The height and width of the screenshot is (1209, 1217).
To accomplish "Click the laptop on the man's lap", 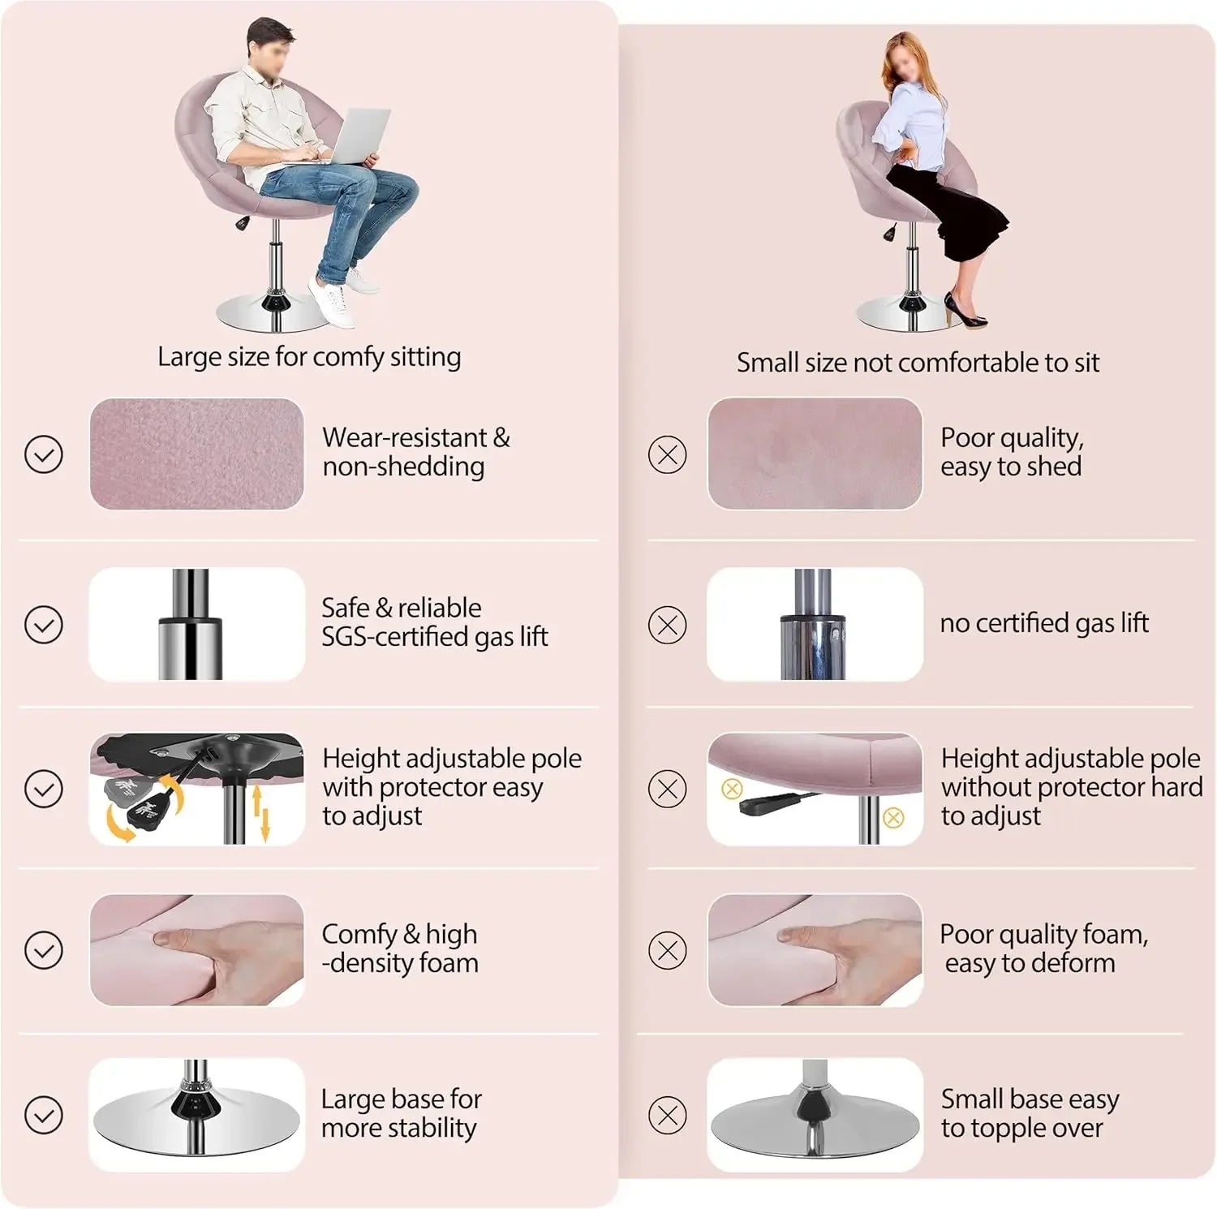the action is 349,138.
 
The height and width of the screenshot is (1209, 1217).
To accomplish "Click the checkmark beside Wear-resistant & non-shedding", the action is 44,454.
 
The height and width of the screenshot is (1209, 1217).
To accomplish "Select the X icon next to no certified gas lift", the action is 668,625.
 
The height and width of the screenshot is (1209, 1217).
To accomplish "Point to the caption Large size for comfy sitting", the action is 309,357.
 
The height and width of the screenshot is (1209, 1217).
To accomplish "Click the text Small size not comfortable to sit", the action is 918,363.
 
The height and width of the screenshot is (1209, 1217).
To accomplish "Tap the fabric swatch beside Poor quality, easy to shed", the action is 815,454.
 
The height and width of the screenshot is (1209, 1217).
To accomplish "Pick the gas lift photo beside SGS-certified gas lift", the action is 197,624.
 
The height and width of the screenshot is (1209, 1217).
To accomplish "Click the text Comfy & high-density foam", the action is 400,949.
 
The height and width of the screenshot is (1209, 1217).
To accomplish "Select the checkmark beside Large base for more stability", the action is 44,1115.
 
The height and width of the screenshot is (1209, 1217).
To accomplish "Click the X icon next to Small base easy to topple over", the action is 668,1115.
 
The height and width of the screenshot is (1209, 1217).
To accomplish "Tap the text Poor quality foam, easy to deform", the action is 1044,949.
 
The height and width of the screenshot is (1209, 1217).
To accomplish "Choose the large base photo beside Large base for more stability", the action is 197,1114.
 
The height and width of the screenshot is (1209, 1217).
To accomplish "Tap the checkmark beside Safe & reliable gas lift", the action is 44,625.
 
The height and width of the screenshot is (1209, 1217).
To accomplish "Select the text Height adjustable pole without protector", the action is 1071,772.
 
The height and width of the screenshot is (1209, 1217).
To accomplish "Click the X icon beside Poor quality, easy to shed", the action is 668,454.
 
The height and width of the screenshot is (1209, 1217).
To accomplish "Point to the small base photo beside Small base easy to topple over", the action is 815,1114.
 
